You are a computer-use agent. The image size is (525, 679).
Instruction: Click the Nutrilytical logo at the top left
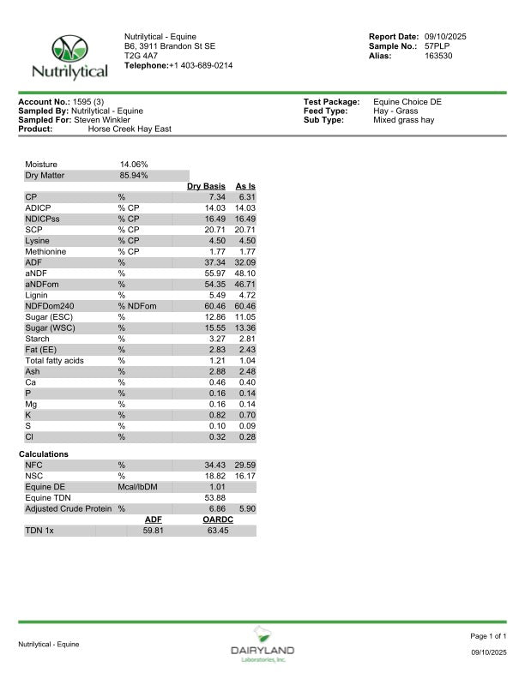tap(69, 57)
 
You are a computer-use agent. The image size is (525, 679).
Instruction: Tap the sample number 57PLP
tap(438, 46)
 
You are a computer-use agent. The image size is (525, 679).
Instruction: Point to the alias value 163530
tap(438, 56)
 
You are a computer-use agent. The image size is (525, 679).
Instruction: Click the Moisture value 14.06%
tap(133, 164)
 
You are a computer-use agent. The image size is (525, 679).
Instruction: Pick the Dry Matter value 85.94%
tap(133, 175)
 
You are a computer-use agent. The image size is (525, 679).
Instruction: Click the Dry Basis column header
tap(206, 186)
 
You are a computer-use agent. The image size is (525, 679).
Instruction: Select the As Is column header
tap(245, 186)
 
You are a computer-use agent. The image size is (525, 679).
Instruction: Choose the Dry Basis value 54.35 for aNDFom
tap(211, 284)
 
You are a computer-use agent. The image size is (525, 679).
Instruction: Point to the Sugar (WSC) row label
tap(48, 327)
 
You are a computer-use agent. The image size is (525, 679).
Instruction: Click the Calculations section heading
tap(44, 454)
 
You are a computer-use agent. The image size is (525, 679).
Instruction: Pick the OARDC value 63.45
tap(216, 531)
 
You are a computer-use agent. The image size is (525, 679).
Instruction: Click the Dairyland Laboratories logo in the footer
tap(262, 645)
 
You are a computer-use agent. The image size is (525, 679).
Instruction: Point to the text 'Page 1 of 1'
tap(488, 636)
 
